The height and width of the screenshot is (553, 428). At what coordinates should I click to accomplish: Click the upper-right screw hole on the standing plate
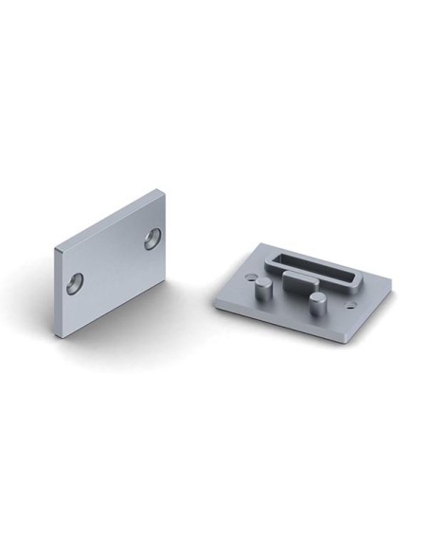[x=152, y=240]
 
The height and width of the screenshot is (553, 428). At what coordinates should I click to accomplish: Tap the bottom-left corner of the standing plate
[x=64, y=332]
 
